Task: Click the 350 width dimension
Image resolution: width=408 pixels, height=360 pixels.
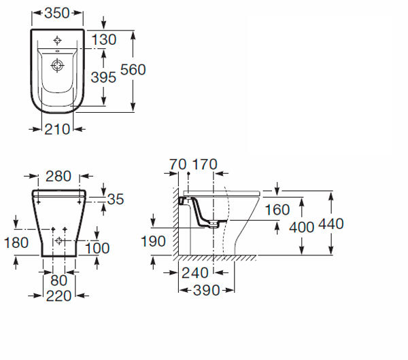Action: (x=57, y=13)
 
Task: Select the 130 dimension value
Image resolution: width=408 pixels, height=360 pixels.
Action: (x=104, y=40)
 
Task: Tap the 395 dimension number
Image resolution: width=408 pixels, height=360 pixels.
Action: (x=103, y=77)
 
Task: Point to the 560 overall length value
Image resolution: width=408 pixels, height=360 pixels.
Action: (x=133, y=70)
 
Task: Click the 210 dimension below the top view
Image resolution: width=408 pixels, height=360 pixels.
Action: (x=57, y=129)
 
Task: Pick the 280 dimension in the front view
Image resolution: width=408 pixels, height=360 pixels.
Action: (x=58, y=176)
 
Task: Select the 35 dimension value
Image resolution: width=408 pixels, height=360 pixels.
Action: (x=116, y=200)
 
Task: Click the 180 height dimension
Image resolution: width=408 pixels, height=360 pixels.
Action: (x=16, y=242)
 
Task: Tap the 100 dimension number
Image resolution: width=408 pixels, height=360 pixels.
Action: (x=97, y=248)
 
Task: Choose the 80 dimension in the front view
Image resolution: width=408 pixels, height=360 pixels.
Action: (x=59, y=281)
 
